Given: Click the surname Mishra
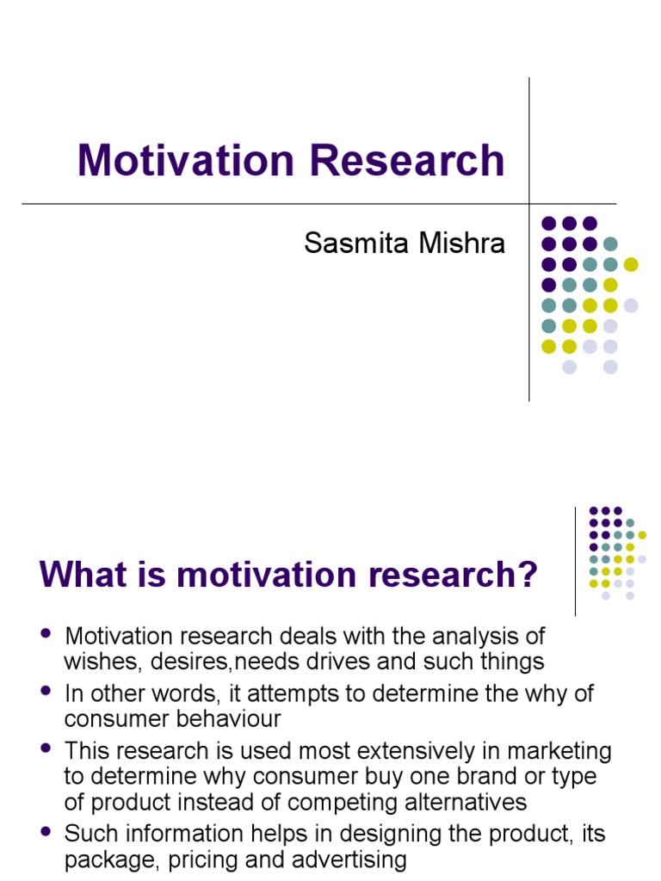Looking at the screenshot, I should coord(460,243).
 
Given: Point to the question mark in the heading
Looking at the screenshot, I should coord(526,575).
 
